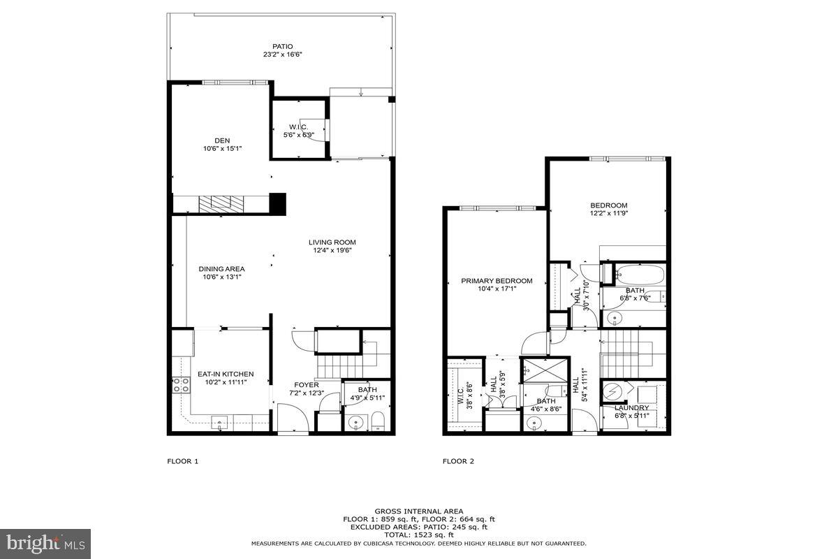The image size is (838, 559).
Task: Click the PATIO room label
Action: pos(283,46)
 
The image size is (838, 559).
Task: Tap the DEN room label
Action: pos(222,140)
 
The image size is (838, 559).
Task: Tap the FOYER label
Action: pos(307,384)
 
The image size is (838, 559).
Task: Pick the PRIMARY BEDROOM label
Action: pos(497,281)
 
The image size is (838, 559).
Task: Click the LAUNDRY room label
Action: pos(631,407)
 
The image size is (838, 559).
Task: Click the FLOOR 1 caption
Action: pos(183,461)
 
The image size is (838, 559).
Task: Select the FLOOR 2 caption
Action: pos(458,461)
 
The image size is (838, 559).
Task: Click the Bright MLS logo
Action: pos(45,543)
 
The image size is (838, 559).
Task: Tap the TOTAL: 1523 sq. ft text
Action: pos(418,535)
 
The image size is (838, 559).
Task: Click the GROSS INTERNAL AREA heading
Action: pos(418,511)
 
